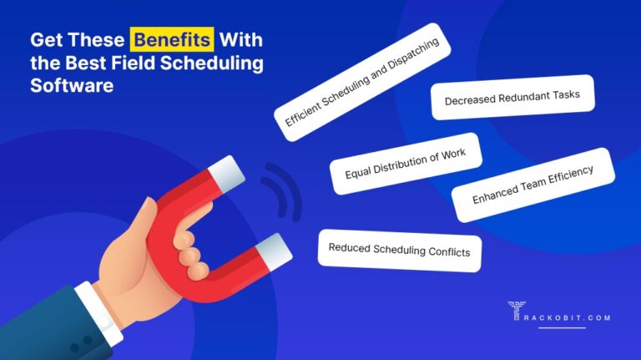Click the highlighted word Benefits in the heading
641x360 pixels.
click(171, 40)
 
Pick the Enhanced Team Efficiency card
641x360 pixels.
click(532, 185)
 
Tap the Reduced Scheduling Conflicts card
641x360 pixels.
click(399, 250)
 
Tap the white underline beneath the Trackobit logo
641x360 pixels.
click(562, 327)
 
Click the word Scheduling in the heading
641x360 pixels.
click(217, 63)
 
